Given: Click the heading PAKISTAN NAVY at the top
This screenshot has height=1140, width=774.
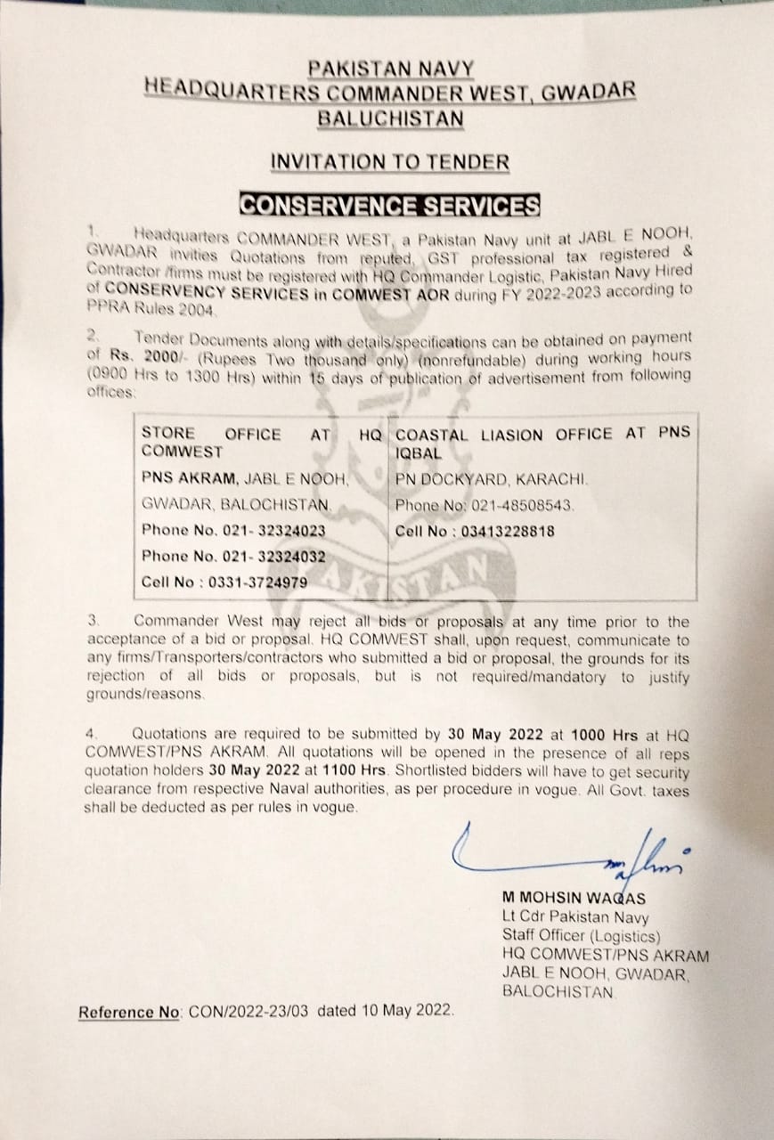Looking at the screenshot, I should tap(389, 67).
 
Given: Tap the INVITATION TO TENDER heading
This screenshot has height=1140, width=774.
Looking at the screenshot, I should tap(390, 162).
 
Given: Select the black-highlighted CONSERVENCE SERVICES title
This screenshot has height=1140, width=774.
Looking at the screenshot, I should tap(390, 206).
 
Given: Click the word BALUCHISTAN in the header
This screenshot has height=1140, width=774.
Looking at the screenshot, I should tap(389, 117).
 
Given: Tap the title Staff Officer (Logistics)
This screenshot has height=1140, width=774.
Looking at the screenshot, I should tap(581, 936).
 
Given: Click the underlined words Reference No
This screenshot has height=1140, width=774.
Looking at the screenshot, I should tap(130, 1012).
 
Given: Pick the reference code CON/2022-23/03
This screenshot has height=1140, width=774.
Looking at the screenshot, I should tap(252, 1012).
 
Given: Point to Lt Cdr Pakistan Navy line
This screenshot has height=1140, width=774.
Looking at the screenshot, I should tap(575, 917).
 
